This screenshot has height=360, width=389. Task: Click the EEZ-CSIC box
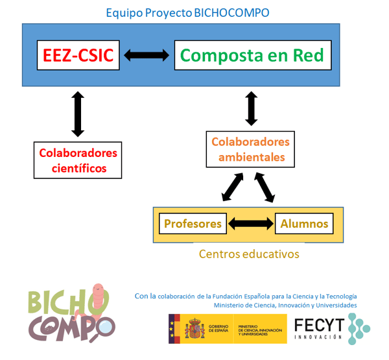[78, 56]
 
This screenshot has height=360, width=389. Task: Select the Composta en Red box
[253, 56]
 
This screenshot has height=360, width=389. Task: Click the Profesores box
[193, 224]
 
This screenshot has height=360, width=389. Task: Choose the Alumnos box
[304, 224]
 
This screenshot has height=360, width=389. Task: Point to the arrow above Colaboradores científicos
[78, 114]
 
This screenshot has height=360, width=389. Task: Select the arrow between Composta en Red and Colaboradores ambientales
[252, 108]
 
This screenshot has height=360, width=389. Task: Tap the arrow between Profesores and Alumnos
[249, 224]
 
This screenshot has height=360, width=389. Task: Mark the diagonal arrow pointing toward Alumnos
[266, 187]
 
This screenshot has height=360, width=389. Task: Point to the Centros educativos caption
[249, 254]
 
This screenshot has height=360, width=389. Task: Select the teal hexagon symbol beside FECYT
[358, 328]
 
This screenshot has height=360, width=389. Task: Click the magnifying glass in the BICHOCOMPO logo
[104, 331]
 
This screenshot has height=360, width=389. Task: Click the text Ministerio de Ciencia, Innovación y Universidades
[285, 305]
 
